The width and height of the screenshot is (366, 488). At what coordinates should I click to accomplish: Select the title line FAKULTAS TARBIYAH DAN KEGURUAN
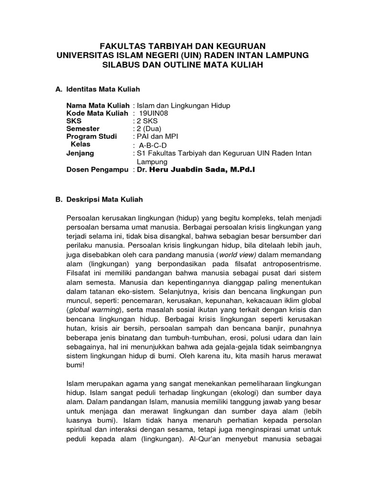(183, 46)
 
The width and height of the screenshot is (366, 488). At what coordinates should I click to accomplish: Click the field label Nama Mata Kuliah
(98, 105)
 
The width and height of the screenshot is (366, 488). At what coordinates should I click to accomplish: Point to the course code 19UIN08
(153, 113)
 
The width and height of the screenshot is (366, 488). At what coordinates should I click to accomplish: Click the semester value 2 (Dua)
(149, 129)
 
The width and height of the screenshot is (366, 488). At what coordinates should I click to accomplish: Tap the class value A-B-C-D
(153, 145)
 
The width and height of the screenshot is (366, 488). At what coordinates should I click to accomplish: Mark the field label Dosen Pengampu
(98, 169)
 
